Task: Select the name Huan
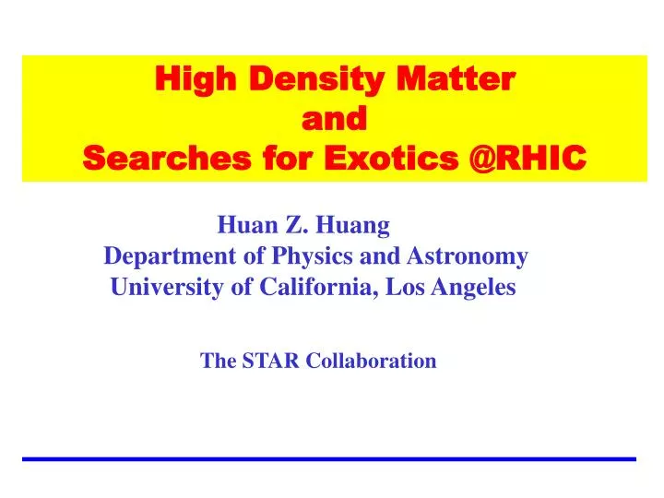pyautogui.click(x=243, y=224)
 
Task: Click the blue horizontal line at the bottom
pyautogui.click(x=329, y=458)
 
